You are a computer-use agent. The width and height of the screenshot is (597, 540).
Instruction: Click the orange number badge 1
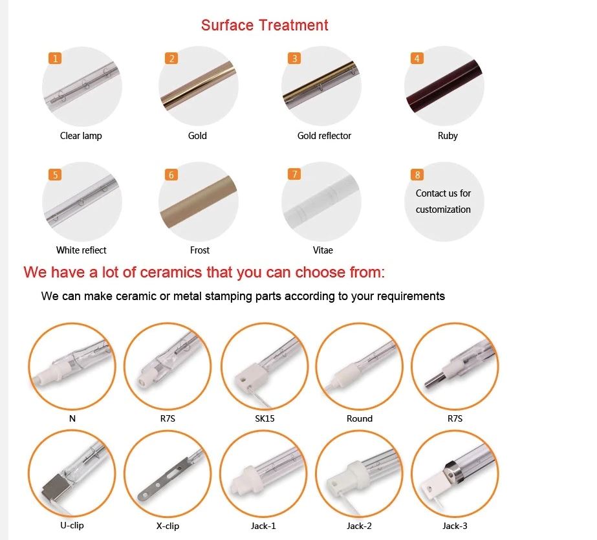55,58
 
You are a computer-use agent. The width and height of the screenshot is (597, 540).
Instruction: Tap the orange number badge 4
417,58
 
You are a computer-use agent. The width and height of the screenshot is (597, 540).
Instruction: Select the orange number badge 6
171,175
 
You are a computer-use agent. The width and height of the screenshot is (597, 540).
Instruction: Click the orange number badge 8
417,175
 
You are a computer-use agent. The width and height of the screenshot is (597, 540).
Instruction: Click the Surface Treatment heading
265,25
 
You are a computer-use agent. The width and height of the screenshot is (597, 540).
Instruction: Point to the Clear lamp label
81,136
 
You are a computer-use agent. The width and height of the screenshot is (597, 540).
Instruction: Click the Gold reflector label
324,136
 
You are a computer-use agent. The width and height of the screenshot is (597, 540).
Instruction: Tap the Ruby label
448,136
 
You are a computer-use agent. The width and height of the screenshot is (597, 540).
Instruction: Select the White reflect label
81,250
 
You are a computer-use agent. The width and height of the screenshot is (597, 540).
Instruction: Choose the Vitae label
323,250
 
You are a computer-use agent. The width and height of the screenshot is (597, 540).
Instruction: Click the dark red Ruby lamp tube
444,85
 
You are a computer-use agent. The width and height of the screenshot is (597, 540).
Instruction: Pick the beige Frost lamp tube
199,202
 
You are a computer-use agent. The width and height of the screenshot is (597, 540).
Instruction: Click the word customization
443,210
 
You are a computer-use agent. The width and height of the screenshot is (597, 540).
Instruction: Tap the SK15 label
265,418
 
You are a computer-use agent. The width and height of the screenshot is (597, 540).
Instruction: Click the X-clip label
168,526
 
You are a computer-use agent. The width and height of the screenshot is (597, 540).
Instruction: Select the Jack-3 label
455,526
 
